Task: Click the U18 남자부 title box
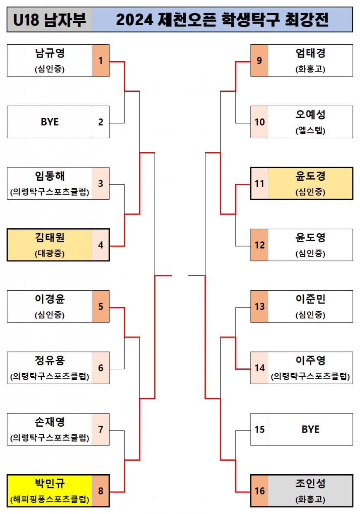49,19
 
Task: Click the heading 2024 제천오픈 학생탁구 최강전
222,19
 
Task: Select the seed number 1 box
101,61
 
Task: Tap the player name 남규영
50,54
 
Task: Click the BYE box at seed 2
50,122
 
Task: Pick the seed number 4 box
101,245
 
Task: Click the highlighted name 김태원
50,238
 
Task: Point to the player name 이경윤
50,299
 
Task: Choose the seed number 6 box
101,368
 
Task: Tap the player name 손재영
50,423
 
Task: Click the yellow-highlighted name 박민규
50,484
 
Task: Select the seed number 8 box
101,491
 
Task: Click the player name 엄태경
310,54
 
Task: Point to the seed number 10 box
259,122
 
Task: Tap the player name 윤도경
310,177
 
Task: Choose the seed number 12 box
259,245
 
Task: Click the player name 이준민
310,299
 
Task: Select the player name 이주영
310,361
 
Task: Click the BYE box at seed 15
310,429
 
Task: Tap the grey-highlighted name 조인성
310,484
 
